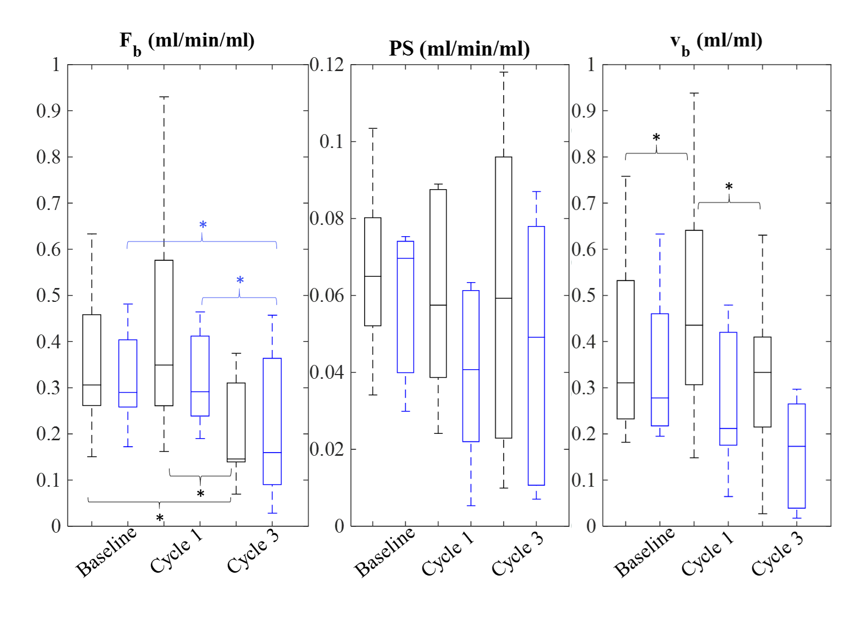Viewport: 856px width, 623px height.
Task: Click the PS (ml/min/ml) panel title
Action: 459,49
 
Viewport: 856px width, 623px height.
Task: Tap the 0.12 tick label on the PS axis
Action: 327,65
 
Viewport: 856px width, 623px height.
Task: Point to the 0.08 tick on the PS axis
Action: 327,219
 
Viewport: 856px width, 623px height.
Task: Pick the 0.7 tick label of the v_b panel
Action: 583,203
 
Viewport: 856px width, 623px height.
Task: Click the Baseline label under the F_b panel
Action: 106,552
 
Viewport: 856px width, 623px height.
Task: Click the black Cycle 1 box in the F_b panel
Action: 164,332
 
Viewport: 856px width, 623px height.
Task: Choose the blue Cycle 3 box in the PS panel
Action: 536,355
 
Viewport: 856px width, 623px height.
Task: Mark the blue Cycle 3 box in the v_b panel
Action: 797,456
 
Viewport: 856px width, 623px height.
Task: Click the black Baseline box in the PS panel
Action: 373,271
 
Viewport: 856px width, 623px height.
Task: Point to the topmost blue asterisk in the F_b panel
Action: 203,225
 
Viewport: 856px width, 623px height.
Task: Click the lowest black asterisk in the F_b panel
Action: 159,518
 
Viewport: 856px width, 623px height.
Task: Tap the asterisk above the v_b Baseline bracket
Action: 656,138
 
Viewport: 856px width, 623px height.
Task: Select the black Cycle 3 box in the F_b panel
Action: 236,422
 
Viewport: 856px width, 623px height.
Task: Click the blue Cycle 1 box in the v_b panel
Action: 728,388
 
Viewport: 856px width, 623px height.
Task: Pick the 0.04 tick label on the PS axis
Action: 327,372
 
